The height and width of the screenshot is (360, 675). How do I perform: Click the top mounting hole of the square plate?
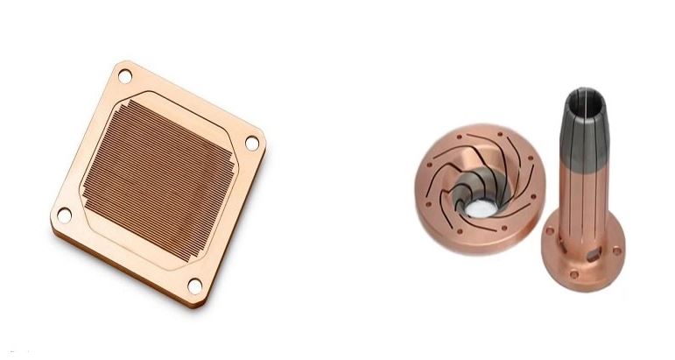(124, 77)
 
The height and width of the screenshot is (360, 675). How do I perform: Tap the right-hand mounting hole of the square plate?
(251, 142)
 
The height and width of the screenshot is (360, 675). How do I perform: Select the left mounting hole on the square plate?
(64, 214)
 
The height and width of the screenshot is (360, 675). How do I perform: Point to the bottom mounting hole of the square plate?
(194, 286)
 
